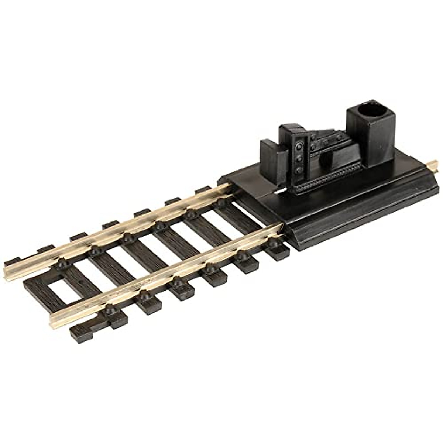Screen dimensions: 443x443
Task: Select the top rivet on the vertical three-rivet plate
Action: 299,145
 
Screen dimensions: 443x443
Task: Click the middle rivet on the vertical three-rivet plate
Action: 299,158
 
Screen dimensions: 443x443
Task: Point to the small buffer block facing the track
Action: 272,154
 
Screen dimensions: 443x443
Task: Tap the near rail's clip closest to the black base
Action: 272,243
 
